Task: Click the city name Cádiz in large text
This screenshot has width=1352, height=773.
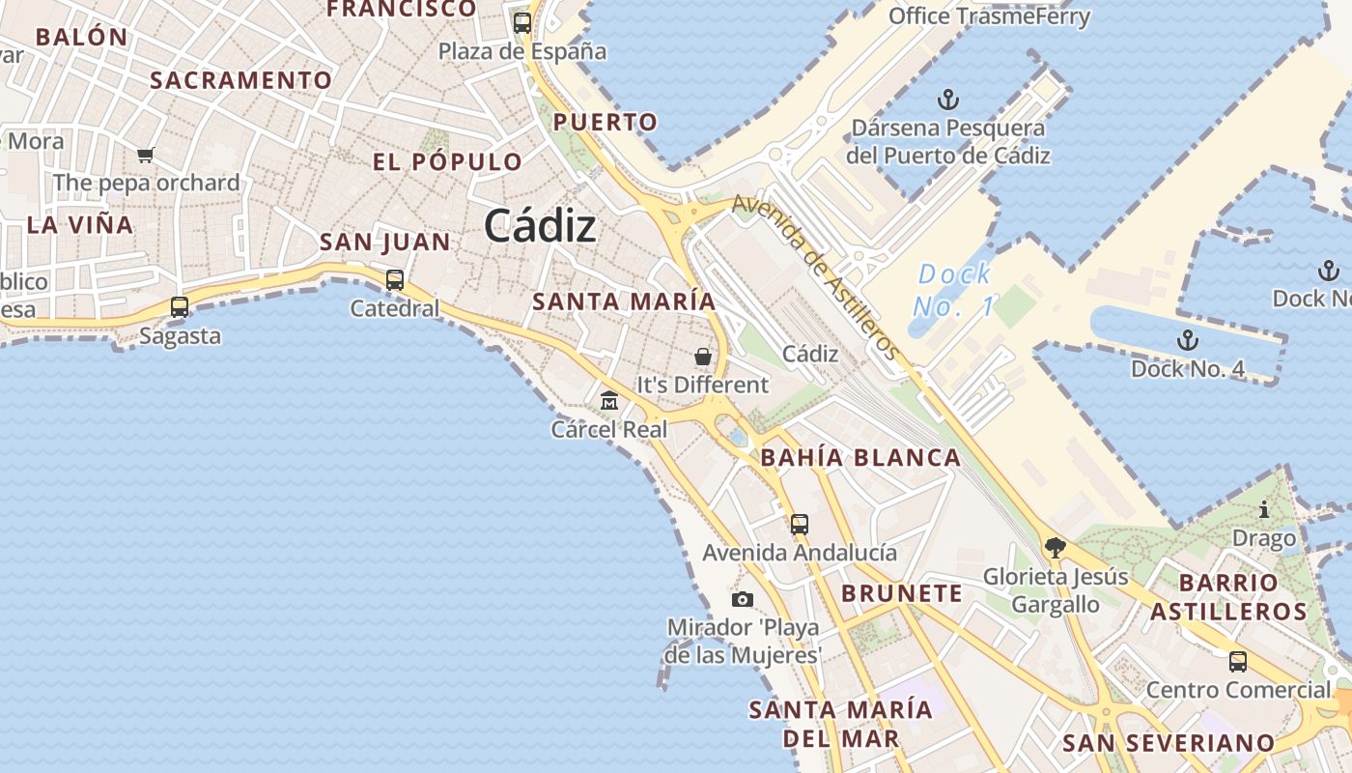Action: pos(540,226)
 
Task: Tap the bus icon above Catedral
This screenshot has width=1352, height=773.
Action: pos(394,280)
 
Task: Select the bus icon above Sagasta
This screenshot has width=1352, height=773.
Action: pos(180,307)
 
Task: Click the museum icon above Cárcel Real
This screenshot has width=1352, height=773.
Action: pos(609,400)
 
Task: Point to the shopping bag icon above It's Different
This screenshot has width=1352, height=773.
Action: pos(703,357)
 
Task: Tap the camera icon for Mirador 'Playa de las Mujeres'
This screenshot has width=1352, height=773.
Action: pos(742,599)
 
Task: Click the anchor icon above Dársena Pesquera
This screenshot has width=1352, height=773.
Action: pos(948,100)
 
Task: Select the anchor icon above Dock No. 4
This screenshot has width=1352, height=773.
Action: pos(1188,340)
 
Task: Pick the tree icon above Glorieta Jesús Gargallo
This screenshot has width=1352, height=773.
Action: pos(1056,548)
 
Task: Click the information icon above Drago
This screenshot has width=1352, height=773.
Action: pos(1264,509)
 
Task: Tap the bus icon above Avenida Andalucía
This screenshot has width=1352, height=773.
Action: pos(800,525)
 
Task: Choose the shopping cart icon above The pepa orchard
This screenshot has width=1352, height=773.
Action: pos(146,155)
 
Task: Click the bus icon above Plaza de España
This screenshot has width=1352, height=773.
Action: pos(522,23)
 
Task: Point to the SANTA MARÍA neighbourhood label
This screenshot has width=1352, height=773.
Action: pos(624,301)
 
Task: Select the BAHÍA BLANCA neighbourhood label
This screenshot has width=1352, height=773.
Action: pos(860,458)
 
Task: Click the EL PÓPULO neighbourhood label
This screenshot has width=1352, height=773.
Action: pos(447,161)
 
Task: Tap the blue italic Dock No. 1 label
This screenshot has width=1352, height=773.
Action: pos(955,290)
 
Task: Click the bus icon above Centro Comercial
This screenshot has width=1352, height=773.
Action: pos(1238,662)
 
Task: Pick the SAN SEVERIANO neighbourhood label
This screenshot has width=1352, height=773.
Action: pos(1169,743)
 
